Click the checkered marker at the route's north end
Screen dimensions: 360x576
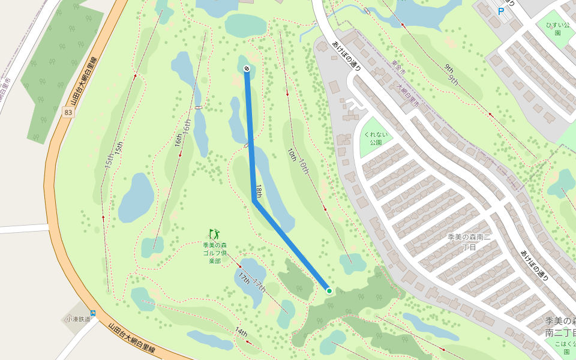[x=247, y=68]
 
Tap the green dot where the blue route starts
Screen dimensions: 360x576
[x=329, y=291]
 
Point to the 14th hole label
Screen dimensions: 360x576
[x=241, y=332]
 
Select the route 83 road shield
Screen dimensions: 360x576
[x=68, y=112]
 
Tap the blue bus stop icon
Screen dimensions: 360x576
[x=93, y=313]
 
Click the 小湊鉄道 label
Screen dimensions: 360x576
[x=78, y=319]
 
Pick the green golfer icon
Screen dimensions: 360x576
[x=215, y=234]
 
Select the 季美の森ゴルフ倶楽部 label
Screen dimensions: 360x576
[x=215, y=253]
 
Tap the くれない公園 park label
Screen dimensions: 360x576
[x=376, y=139]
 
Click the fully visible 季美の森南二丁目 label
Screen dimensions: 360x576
[x=470, y=242]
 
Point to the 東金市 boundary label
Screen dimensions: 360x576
[x=398, y=71]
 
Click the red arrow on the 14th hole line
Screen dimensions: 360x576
[x=246, y=341]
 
